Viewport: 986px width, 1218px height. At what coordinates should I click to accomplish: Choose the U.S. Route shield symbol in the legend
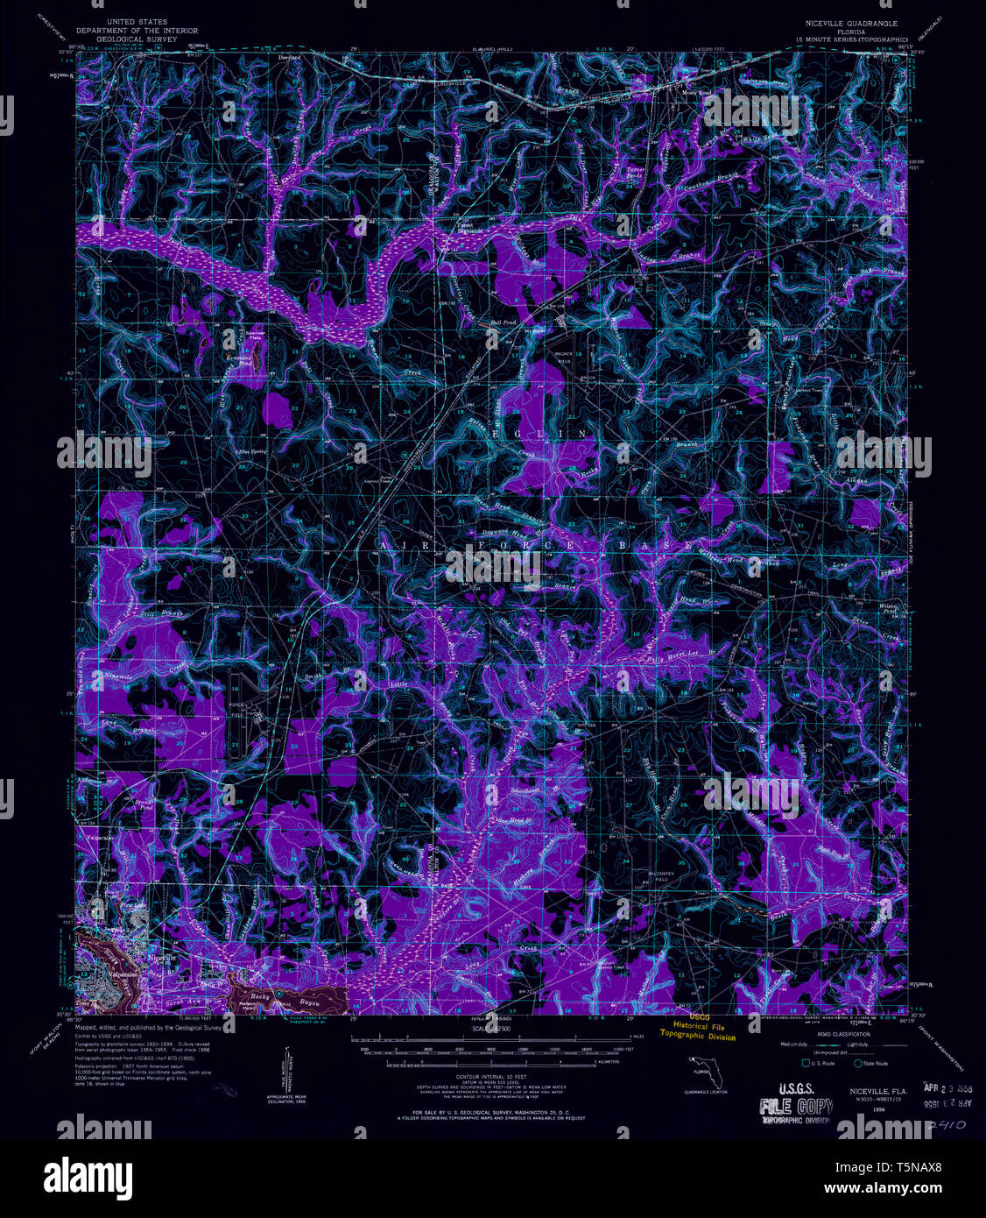coord(795,1063)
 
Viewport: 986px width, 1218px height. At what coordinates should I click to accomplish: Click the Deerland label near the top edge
coord(289,57)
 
